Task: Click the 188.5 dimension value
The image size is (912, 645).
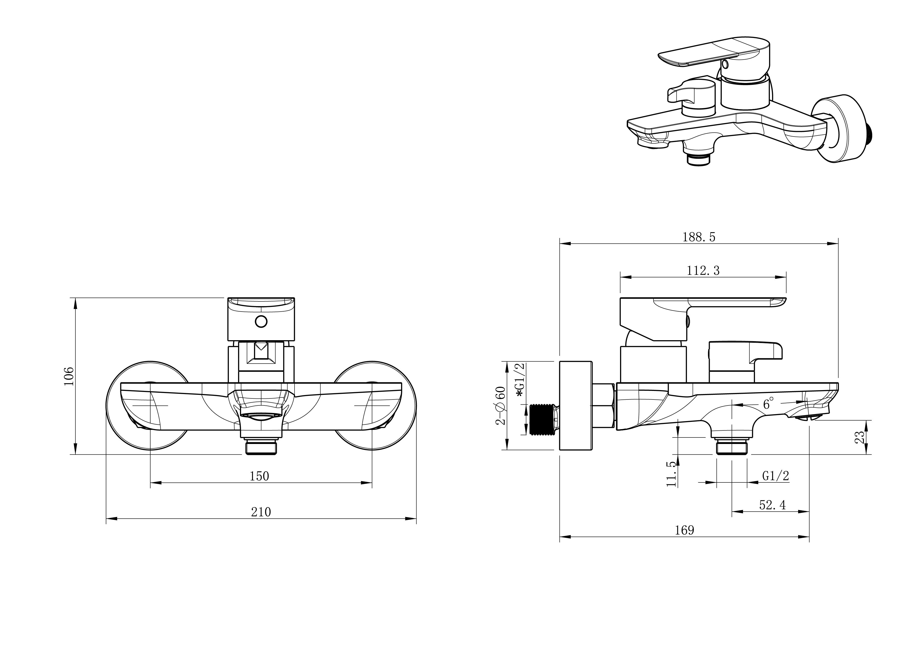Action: [699, 237]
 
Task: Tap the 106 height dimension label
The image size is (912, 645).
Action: [69, 376]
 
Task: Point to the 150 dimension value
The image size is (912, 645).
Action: [259, 476]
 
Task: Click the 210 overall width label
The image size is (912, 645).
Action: [261, 512]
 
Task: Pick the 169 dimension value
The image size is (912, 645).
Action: [685, 530]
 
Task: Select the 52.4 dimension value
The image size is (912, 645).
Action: [773, 505]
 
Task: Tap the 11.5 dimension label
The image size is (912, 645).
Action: [671, 473]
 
